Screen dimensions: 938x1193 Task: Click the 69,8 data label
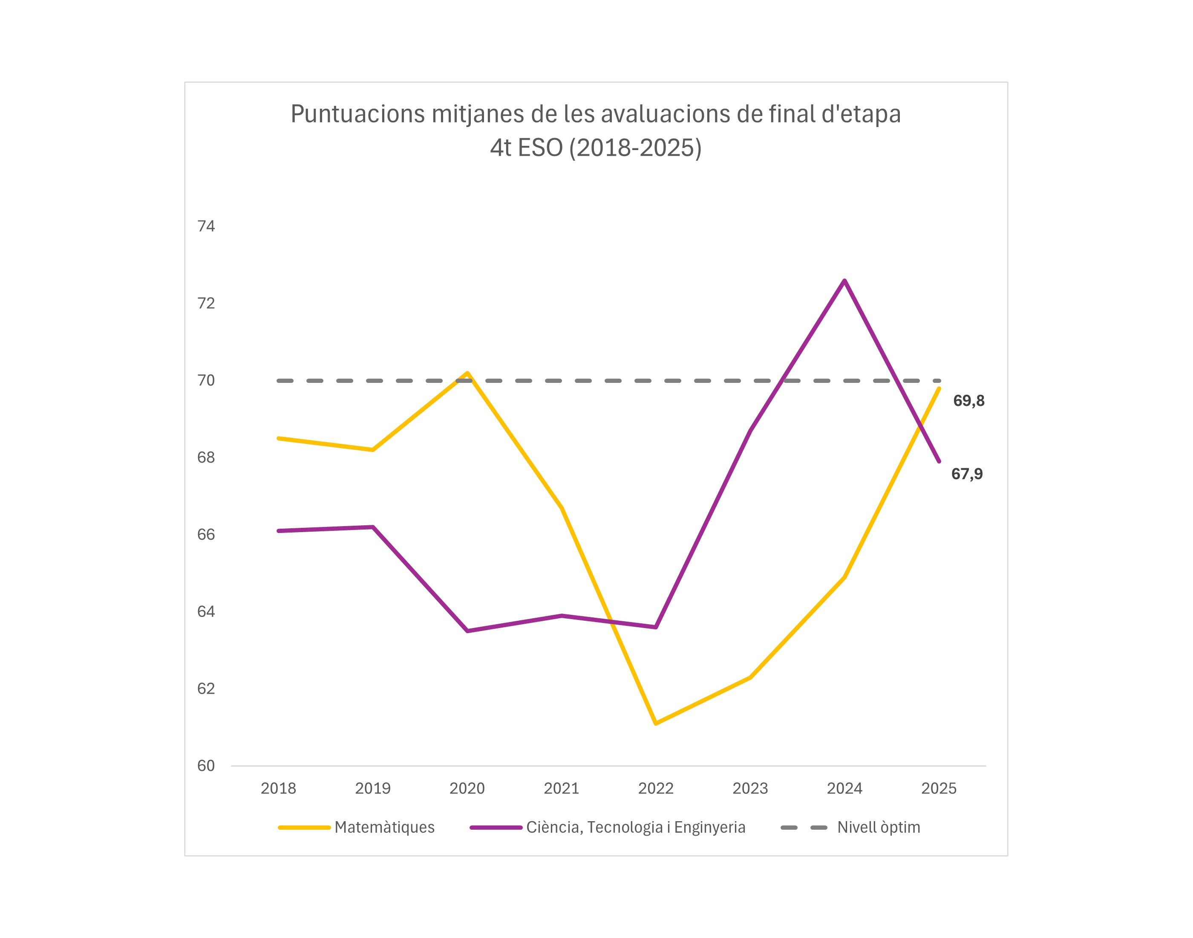[x=968, y=401]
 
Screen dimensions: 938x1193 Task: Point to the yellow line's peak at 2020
[x=467, y=373]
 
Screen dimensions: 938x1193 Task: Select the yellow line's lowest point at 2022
[x=656, y=723]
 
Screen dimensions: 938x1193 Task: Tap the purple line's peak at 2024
[x=844, y=281]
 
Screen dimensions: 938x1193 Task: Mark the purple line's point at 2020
[x=467, y=631]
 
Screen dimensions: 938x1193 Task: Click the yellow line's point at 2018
[x=279, y=438]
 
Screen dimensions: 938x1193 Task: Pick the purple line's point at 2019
[x=373, y=527]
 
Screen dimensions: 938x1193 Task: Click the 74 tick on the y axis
[x=206, y=226]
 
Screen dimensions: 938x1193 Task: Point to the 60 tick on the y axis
[x=206, y=766]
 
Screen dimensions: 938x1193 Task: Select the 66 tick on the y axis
[x=206, y=534]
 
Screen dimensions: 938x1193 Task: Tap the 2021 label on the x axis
[x=562, y=789]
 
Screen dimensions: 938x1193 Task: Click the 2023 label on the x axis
[x=750, y=789]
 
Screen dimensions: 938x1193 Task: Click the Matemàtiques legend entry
[x=384, y=827]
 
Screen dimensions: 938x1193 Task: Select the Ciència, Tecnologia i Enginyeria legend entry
[x=635, y=827]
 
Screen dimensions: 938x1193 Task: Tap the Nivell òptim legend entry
[x=878, y=827]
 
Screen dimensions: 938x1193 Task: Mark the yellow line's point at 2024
[x=844, y=577]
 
